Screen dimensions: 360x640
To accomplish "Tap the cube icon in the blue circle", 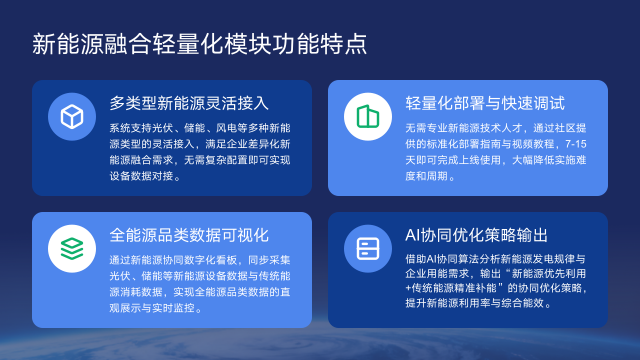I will tap(71, 117).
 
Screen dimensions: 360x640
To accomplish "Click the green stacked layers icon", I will tap(71, 246).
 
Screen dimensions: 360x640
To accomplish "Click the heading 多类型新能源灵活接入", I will tap(189, 103).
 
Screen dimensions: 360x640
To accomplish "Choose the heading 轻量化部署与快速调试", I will tap(485, 103).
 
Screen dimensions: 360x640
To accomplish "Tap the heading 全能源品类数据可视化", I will tap(189, 235).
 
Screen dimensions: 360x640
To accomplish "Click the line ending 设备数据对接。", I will tap(146, 176).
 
